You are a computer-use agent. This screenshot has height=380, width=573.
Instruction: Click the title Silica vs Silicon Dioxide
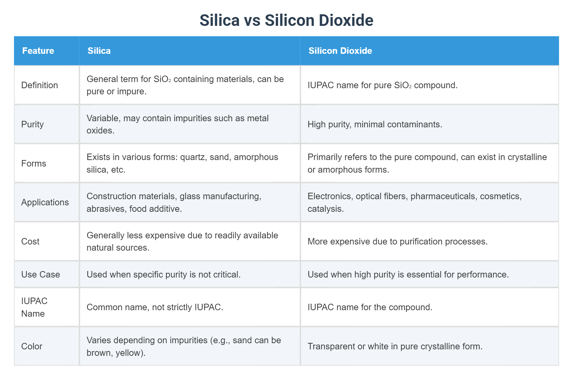tap(286, 20)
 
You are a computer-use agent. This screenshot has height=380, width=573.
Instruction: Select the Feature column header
tap(38, 51)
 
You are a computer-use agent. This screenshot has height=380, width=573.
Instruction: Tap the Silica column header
tap(99, 51)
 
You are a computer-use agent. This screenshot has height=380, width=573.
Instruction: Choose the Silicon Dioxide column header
tap(340, 51)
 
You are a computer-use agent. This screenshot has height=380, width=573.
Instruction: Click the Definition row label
tap(40, 85)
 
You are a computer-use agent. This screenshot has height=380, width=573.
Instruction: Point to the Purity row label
tap(32, 124)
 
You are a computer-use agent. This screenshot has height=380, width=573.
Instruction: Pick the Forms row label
tap(33, 163)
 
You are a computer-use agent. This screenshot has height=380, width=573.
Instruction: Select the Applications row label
tap(45, 202)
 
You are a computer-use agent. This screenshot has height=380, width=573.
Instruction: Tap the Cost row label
tap(30, 241)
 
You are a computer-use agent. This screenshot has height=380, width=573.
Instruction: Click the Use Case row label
tap(41, 274)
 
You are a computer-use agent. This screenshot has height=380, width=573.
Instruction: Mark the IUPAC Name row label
tap(34, 307)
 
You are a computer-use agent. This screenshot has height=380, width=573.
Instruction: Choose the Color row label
tap(32, 346)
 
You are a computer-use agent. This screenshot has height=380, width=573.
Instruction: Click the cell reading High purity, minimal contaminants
tap(374, 124)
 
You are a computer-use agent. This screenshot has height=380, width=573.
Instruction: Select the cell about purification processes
tap(397, 241)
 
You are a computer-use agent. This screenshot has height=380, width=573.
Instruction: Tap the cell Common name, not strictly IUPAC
tap(155, 307)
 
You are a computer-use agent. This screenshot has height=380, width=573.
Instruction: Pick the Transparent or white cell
tap(395, 346)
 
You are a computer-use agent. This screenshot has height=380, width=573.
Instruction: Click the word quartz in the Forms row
tap(192, 157)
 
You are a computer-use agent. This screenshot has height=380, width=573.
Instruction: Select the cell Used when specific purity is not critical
tap(163, 274)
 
